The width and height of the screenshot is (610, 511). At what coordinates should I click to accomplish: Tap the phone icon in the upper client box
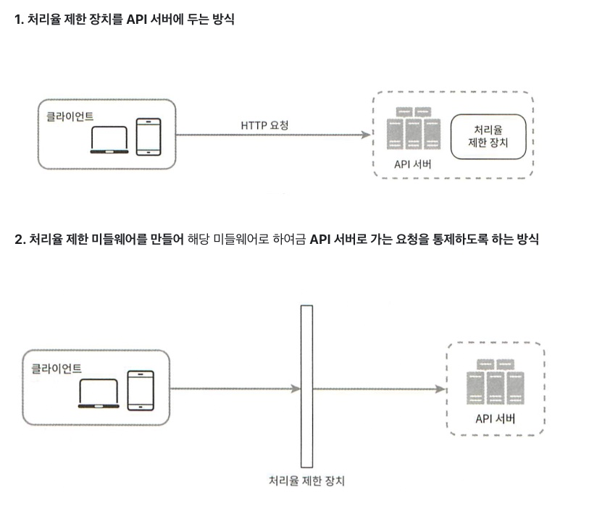click(147, 137)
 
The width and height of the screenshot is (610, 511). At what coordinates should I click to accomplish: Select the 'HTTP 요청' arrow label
click(264, 125)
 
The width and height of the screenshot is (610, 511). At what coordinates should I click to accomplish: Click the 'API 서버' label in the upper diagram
click(413, 163)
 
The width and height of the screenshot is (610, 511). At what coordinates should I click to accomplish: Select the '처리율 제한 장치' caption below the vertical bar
click(306, 481)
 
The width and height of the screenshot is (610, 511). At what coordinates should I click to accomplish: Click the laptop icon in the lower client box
click(99, 393)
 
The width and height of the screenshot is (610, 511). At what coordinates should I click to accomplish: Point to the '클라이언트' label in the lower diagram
click(57, 368)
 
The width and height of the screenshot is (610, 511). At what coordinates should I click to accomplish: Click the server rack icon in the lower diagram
click(496, 384)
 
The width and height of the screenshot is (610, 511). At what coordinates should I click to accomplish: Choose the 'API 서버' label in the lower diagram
click(496, 418)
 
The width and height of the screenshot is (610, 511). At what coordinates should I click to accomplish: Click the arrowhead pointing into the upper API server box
click(364, 135)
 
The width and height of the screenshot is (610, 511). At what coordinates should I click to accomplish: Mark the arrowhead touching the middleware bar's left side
click(296, 389)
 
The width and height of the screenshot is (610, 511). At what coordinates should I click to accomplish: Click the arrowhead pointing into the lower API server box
click(441, 389)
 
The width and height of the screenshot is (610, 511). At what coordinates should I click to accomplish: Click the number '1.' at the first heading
click(20, 20)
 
